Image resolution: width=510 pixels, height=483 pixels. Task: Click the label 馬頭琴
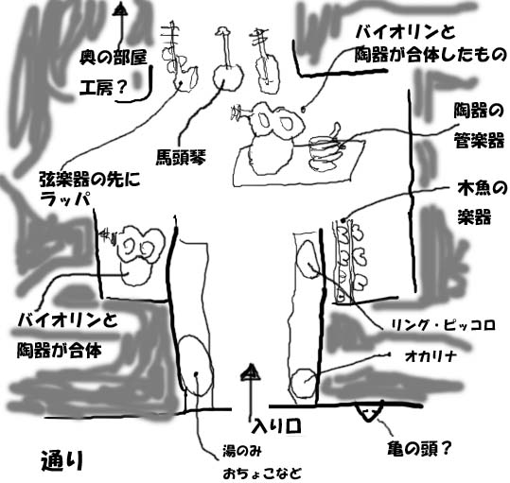click(181, 157)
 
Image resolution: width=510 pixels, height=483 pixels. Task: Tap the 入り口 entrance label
click(276, 426)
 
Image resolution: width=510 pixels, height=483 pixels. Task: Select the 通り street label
click(62, 460)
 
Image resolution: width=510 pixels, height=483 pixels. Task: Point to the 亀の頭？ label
click(419, 449)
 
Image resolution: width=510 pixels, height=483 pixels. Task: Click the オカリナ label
click(431, 356)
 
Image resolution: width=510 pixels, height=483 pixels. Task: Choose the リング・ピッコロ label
click(443, 325)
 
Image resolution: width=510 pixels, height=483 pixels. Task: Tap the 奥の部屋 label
click(114, 58)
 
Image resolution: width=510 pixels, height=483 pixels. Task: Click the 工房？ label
click(103, 87)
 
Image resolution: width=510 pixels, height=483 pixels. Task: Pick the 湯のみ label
click(241, 451)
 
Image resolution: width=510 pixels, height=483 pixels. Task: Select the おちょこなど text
click(262, 474)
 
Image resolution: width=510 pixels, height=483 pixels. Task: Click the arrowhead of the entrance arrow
click(251, 372)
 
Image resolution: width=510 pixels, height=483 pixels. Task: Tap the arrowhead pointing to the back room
click(121, 9)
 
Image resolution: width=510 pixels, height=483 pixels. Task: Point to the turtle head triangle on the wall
click(369, 412)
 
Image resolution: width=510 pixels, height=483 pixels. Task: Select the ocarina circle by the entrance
click(304, 384)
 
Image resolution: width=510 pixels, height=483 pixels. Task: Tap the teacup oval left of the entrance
click(196, 366)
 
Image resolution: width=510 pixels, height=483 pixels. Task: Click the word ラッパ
click(64, 199)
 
